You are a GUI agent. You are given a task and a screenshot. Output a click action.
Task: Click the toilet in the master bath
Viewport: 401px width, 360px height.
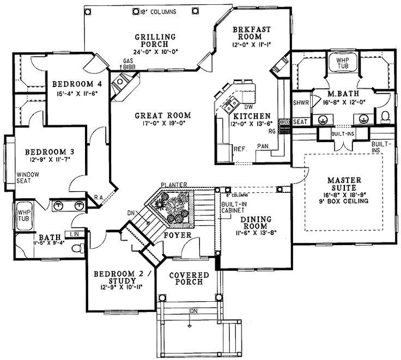click(384, 116)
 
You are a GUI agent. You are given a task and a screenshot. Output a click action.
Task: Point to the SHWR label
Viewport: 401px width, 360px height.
click(300, 103)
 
